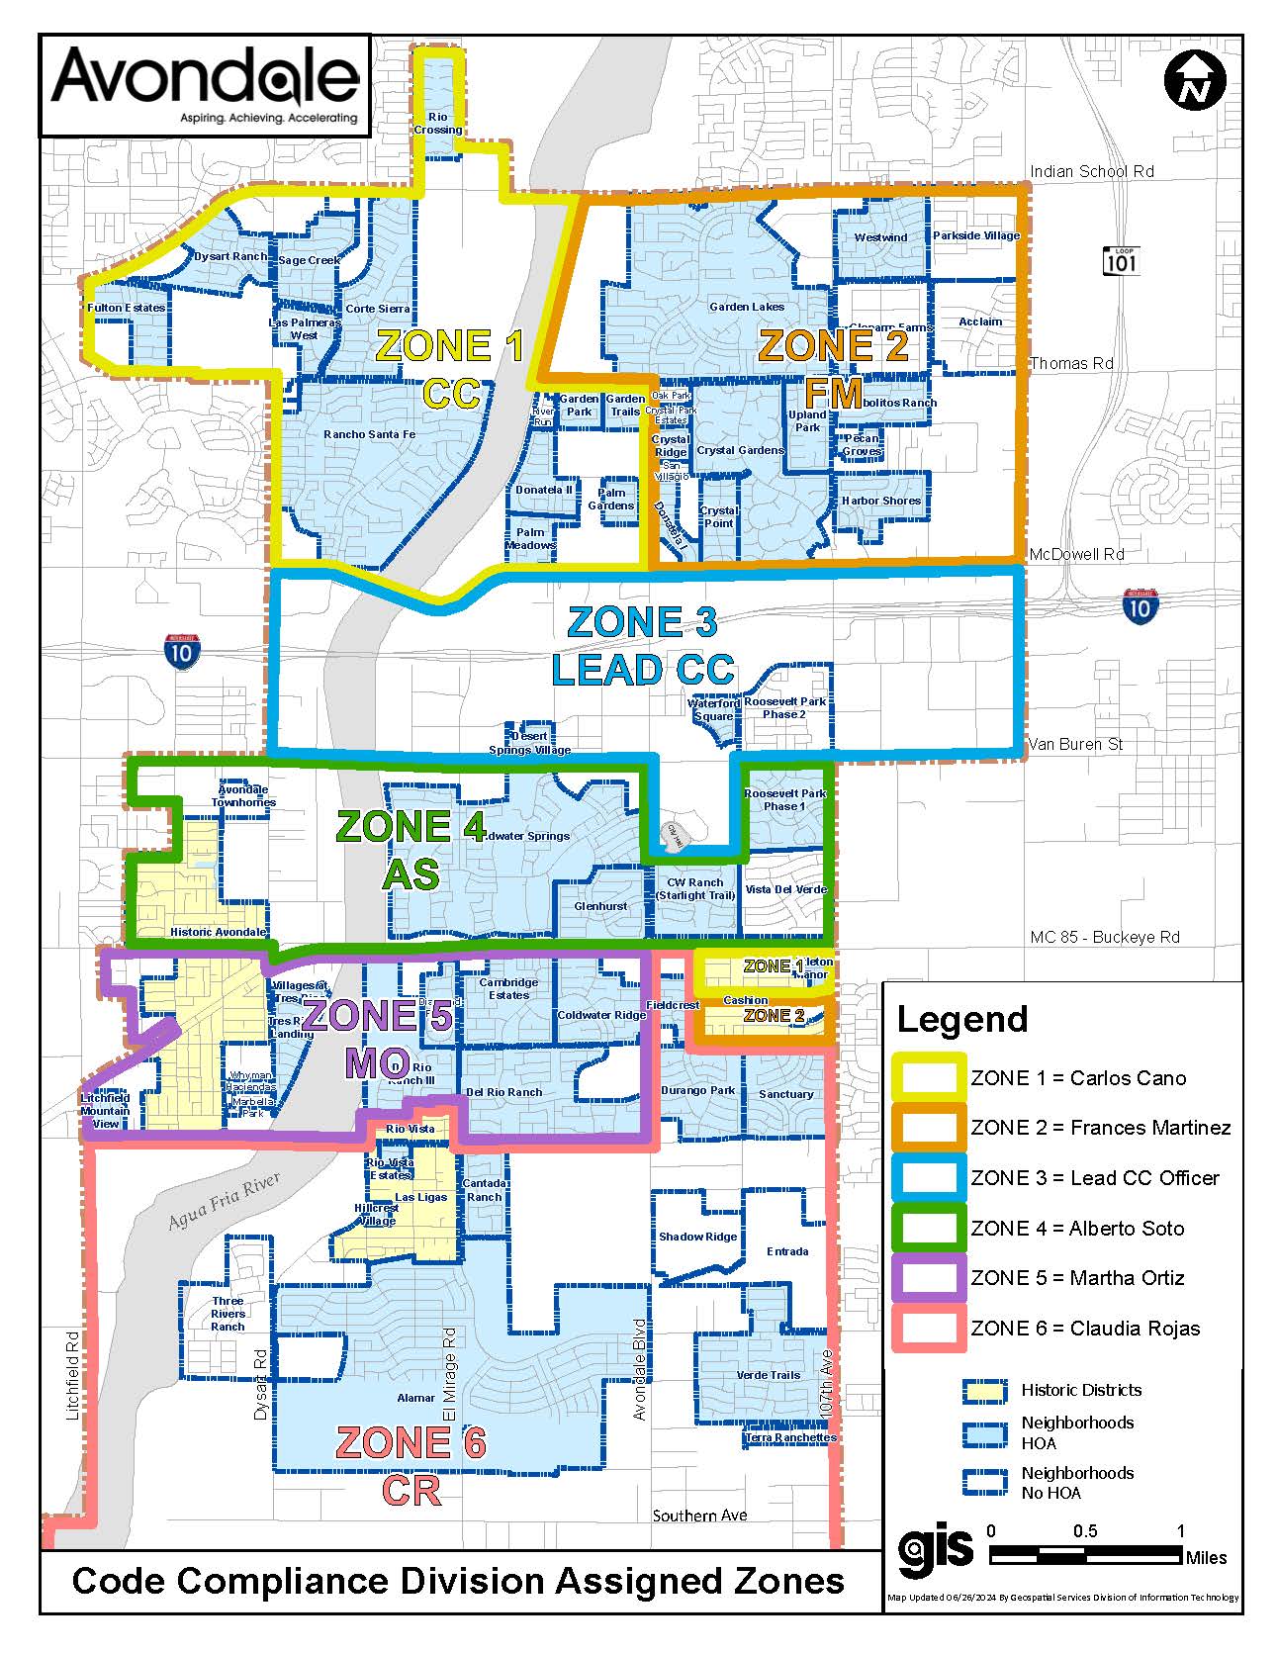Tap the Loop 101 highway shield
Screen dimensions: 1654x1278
[x=1122, y=260]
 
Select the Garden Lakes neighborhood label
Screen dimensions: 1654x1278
[x=747, y=307]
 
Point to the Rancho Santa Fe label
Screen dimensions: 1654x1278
[x=369, y=434]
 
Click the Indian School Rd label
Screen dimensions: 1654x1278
[x=1091, y=171]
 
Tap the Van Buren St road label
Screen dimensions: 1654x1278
[x=1075, y=744]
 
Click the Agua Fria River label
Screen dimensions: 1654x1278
[x=224, y=1201]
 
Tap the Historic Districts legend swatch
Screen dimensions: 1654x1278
[x=984, y=1391]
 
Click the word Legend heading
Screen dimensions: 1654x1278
[x=961, y=1019]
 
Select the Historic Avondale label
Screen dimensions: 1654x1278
[x=218, y=932]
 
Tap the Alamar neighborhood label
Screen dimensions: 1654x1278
[x=415, y=1398]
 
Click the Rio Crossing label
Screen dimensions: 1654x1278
[x=438, y=124]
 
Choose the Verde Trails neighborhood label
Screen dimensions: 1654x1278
[x=768, y=1375]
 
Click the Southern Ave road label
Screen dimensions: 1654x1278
[x=699, y=1516]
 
